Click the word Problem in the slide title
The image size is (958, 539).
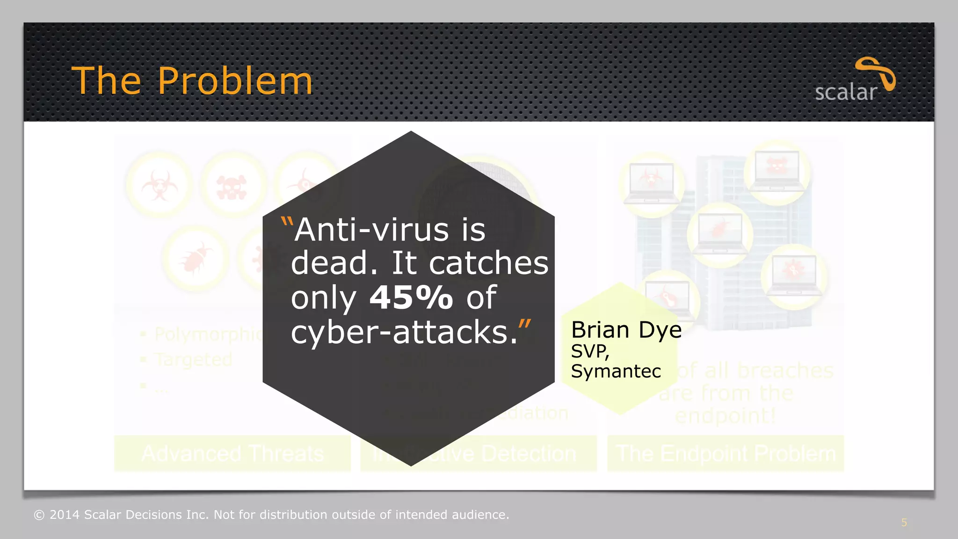pyautogui.click(x=235, y=81)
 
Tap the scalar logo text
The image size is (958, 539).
pyautogui.click(x=845, y=92)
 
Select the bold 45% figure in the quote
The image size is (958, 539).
pyautogui.click(x=411, y=297)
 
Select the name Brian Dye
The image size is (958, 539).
pyautogui.click(x=626, y=330)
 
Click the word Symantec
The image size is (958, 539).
pyautogui.click(x=616, y=371)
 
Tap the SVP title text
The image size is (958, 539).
pyautogui.click(x=589, y=351)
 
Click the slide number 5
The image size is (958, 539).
pyautogui.click(x=904, y=523)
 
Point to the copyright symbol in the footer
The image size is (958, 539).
pyautogui.click(x=39, y=515)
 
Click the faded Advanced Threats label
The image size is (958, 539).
pyautogui.click(x=232, y=453)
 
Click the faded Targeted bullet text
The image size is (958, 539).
pyautogui.click(x=193, y=359)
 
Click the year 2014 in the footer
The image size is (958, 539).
pyautogui.click(x=65, y=515)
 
